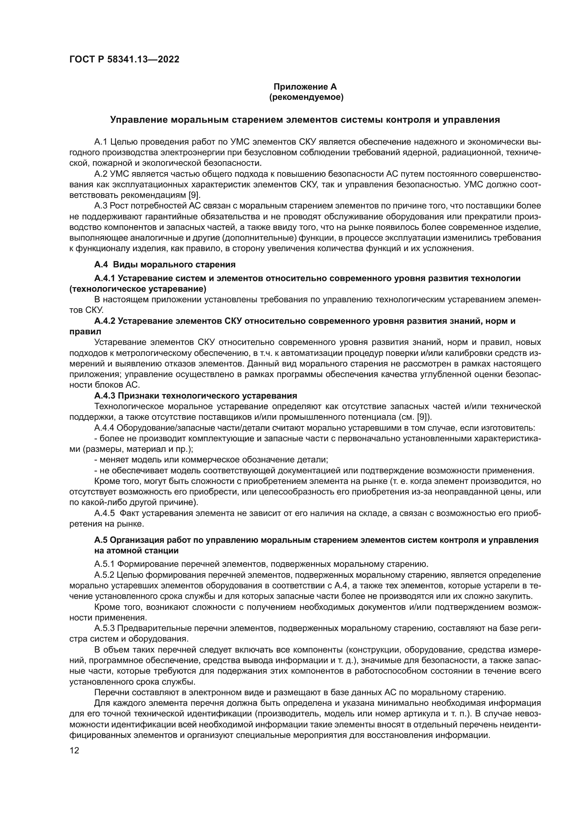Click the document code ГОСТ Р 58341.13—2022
(x=124, y=60)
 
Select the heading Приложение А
(x=305, y=87)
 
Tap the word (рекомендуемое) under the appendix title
(x=306, y=97)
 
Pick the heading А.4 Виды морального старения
(x=165, y=265)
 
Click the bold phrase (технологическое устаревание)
(x=137, y=289)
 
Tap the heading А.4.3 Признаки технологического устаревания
(x=196, y=396)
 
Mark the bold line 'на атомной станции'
(x=136, y=551)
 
